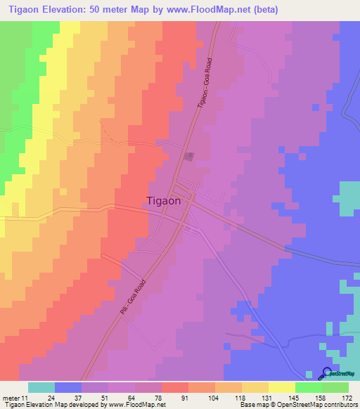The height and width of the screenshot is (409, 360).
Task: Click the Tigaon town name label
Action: click(x=164, y=200)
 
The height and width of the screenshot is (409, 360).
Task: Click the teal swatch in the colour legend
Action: click(x=41, y=387)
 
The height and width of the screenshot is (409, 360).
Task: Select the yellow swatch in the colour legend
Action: click(x=281, y=387)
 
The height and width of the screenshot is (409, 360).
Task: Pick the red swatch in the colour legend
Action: click(x=175, y=387)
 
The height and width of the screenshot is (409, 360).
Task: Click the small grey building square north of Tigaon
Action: click(x=188, y=157)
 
